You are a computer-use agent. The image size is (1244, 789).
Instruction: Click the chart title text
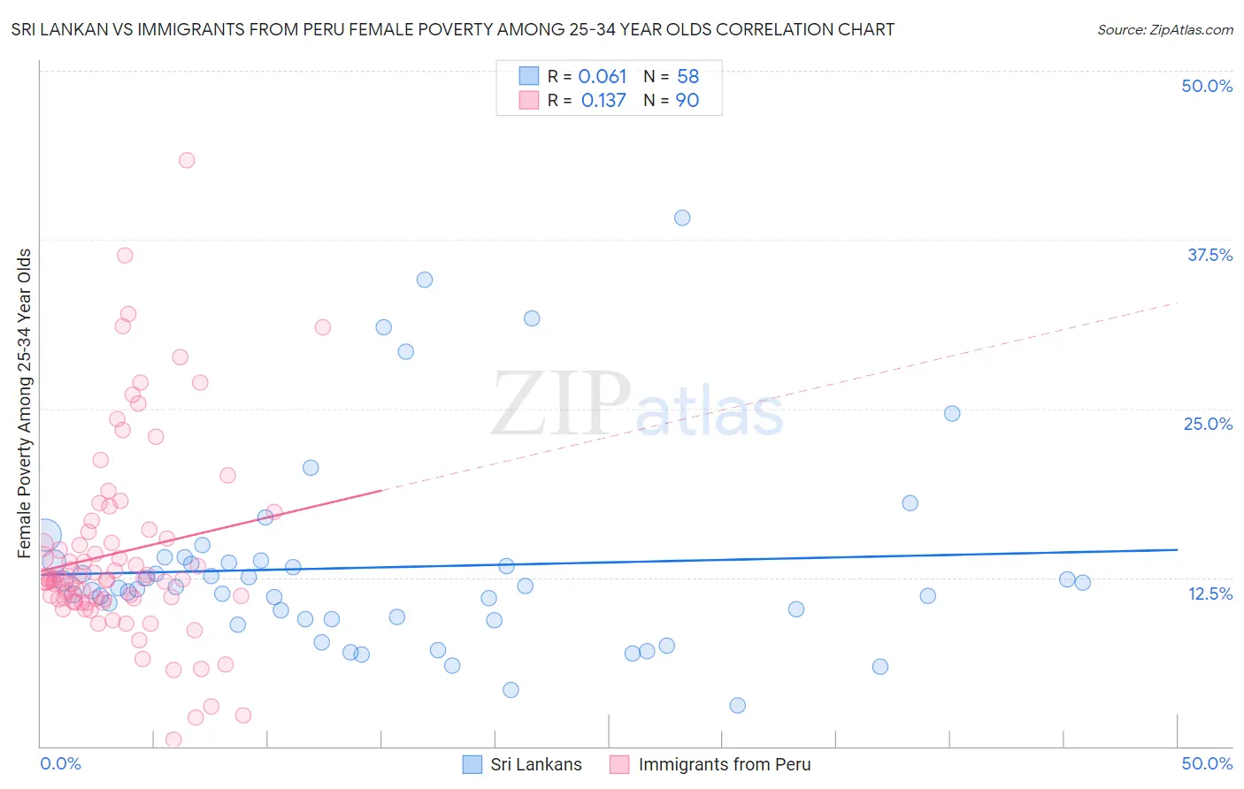[453, 29]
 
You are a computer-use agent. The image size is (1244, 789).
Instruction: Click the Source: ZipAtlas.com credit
[1164, 29]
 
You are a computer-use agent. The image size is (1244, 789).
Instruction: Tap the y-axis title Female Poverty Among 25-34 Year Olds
[25, 403]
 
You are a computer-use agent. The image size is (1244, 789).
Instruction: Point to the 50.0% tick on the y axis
[1207, 86]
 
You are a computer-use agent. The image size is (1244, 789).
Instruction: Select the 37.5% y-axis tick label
[1209, 255]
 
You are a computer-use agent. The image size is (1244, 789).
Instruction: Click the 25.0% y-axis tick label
[1208, 424]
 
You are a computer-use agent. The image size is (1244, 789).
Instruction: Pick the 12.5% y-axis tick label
[1209, 594]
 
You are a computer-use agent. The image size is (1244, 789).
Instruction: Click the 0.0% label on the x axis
[60, 763]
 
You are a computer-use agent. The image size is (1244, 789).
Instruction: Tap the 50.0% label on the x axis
[1207, 763]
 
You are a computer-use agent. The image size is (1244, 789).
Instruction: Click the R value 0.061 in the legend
[602, 77]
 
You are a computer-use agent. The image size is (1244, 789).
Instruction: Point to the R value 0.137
[603, 101]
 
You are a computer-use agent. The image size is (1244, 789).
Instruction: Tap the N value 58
[687, 77]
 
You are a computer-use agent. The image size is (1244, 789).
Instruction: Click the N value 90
[687, 101]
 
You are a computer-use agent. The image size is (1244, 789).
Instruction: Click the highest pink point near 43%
[187, 160]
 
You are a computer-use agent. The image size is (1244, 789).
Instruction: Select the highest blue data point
[682, 218]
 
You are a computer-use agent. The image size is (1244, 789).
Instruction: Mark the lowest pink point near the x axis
[174, 739]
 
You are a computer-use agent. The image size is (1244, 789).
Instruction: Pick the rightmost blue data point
[1082, 582]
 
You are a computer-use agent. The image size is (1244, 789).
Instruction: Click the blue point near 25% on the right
[952, 413]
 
